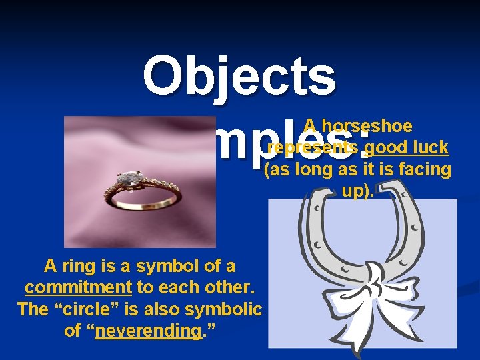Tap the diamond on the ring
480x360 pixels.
(126, 178)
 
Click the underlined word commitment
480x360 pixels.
(78, 287)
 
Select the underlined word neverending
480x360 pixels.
(147, 330)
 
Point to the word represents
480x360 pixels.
(313, 147)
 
